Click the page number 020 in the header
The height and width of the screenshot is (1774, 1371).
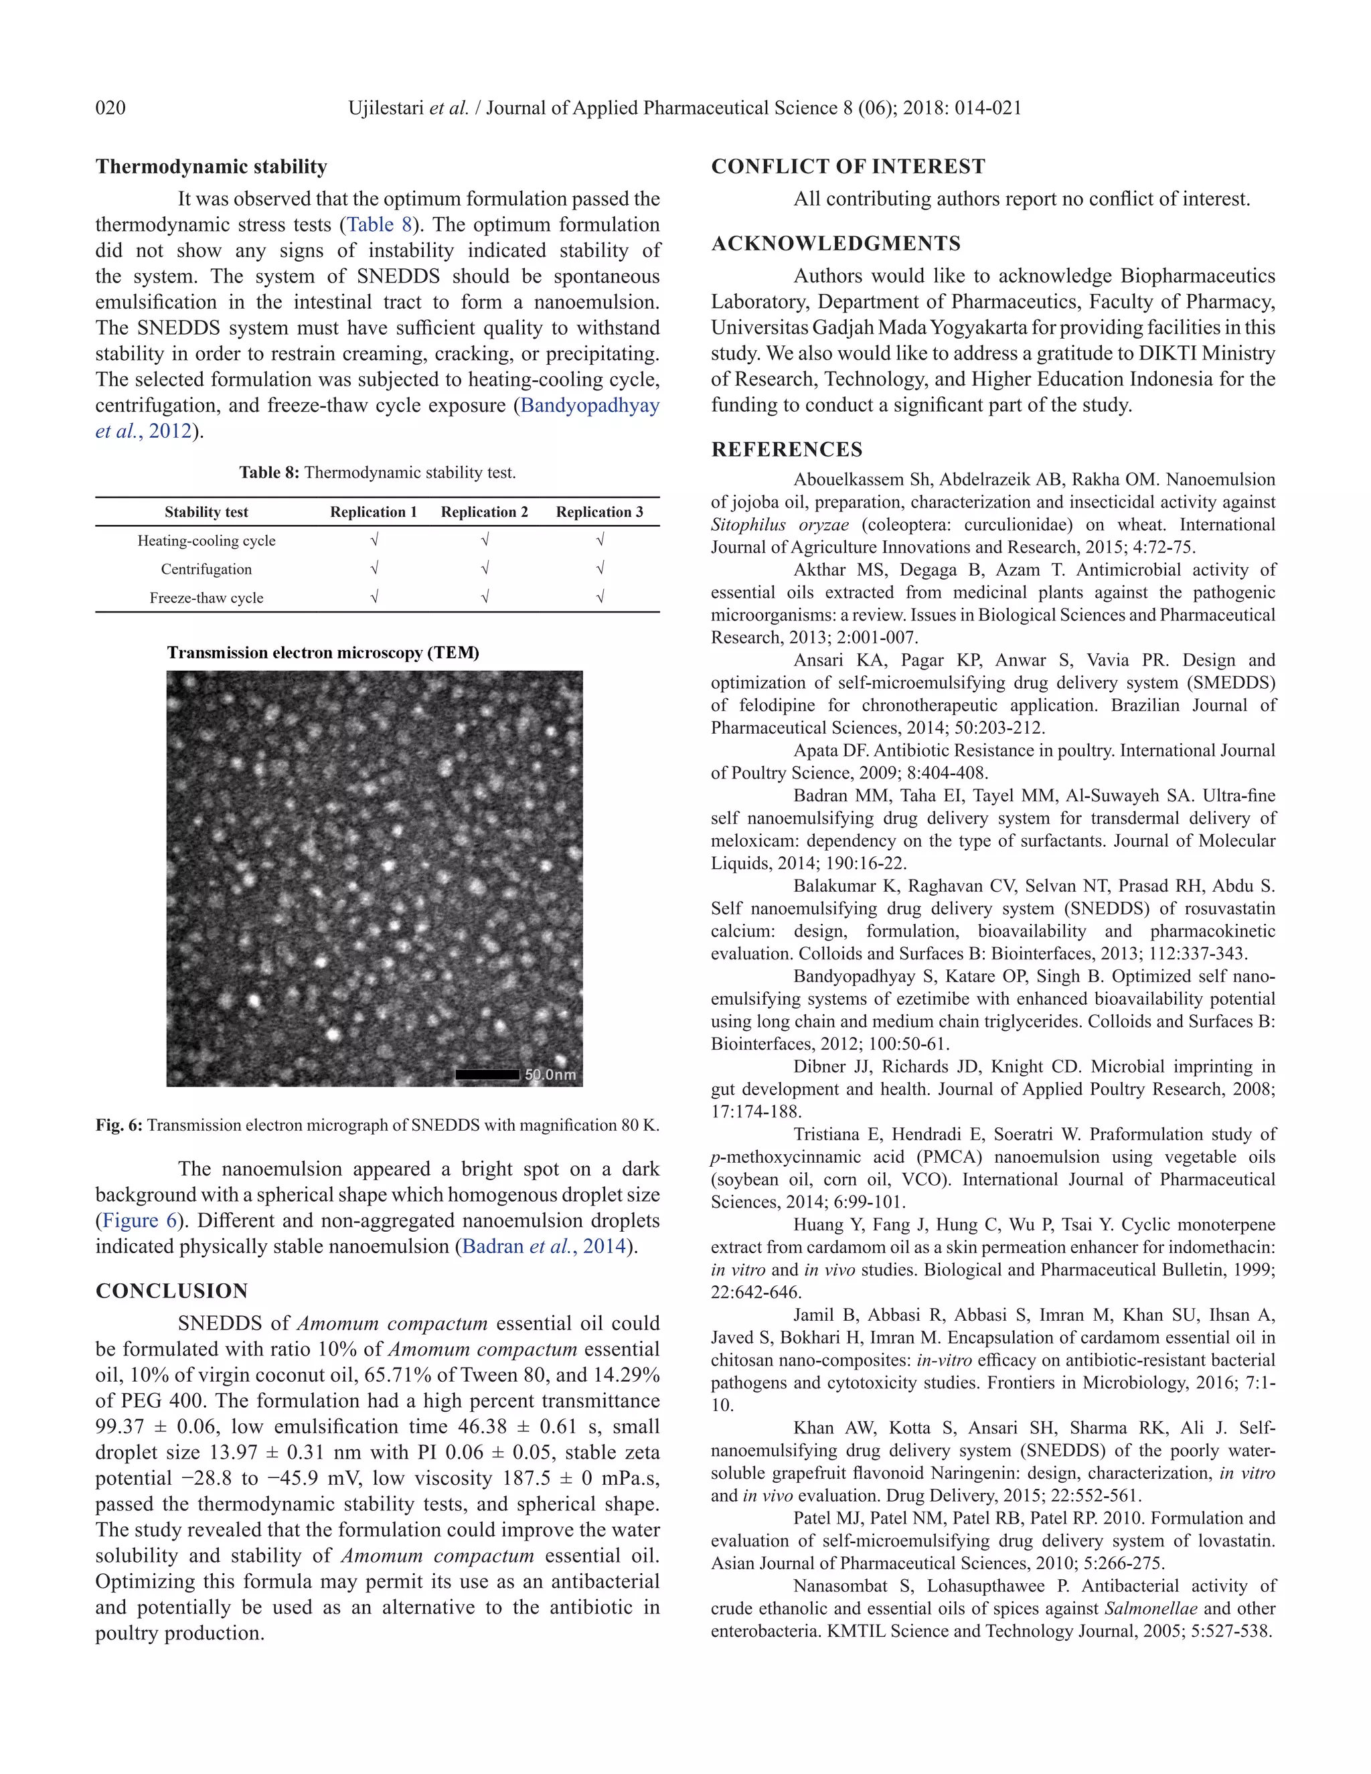pos(110,108)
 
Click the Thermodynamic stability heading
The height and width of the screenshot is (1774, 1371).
pos(211,167)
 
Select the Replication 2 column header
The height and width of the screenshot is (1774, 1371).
pos(484,511)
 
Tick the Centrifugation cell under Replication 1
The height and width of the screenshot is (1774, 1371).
pos(374,568)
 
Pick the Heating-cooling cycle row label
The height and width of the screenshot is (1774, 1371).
pos(206,540)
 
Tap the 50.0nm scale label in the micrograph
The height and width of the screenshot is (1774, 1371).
pos(551,1074)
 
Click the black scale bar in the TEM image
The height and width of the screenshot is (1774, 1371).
pos(487,1074)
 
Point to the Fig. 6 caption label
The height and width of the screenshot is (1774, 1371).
pos(118,1125)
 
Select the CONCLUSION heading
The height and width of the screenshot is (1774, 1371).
pos(171,1291)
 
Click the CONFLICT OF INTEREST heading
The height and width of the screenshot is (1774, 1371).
pos(848,167)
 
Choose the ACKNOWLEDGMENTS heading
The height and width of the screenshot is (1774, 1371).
pos(835,244)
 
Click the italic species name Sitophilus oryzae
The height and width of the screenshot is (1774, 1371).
pos(780,525)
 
